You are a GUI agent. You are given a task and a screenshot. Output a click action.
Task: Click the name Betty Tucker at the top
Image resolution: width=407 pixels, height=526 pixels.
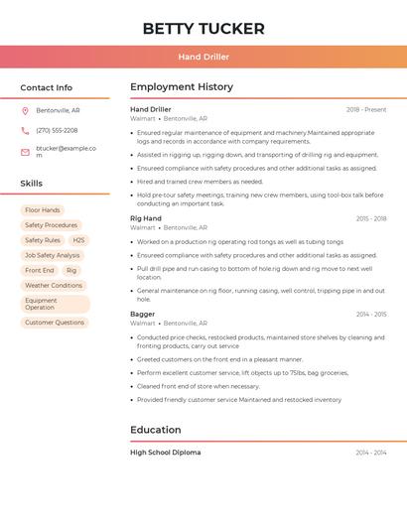click(x=203, y=29)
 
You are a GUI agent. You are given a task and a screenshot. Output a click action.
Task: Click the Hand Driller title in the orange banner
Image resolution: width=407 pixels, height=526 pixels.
click(x=203, y=57)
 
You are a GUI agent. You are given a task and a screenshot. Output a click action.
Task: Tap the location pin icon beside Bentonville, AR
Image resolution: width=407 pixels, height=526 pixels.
click(x=25, y=110)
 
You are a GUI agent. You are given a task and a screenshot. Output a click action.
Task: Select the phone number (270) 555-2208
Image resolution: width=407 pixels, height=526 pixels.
click(x=57, y=130)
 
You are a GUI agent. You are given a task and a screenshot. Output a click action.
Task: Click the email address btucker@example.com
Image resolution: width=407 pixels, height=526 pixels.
click(x=66, y=151)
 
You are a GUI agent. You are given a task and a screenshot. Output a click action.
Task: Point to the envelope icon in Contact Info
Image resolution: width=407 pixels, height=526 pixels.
click(x=25, y=152)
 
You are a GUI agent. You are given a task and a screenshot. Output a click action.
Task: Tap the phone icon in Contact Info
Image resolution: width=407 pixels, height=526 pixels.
click(x=25, y=130)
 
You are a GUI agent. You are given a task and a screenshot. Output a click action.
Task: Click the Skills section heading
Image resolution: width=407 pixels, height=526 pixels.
click(x=32, y=184)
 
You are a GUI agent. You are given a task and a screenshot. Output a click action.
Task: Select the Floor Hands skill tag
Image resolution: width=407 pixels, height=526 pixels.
click(x=43, y=210)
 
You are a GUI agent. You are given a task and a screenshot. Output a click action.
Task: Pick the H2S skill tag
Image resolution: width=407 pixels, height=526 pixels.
click(x=78, y=240)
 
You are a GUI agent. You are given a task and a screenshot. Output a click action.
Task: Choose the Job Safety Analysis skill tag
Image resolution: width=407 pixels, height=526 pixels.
click(x=52, y=255)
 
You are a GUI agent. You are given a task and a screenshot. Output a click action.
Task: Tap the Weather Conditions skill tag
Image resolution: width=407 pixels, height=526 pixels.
click(x=54, y=285)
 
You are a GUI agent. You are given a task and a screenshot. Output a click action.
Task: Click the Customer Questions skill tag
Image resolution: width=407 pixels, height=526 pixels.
click(x=55, y=323)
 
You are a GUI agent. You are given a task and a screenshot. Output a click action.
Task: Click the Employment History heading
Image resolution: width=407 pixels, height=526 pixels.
click(x=182, y=87)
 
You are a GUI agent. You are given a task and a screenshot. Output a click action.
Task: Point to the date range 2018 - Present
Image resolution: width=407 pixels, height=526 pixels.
click(x=366, y=109)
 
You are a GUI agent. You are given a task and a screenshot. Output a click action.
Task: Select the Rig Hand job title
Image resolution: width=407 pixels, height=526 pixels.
click(x=146, y=218)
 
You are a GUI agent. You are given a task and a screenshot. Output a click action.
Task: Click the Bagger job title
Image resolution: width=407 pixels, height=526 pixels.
click(x=143, y=314)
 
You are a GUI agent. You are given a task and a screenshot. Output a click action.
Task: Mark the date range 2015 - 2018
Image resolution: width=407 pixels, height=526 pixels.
click(x=371, y=218)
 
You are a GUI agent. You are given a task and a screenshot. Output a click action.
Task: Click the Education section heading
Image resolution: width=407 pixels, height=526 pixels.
click(x=156, y=430)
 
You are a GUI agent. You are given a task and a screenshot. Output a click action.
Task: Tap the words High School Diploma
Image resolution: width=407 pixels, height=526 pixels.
click(x=166, y=453)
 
